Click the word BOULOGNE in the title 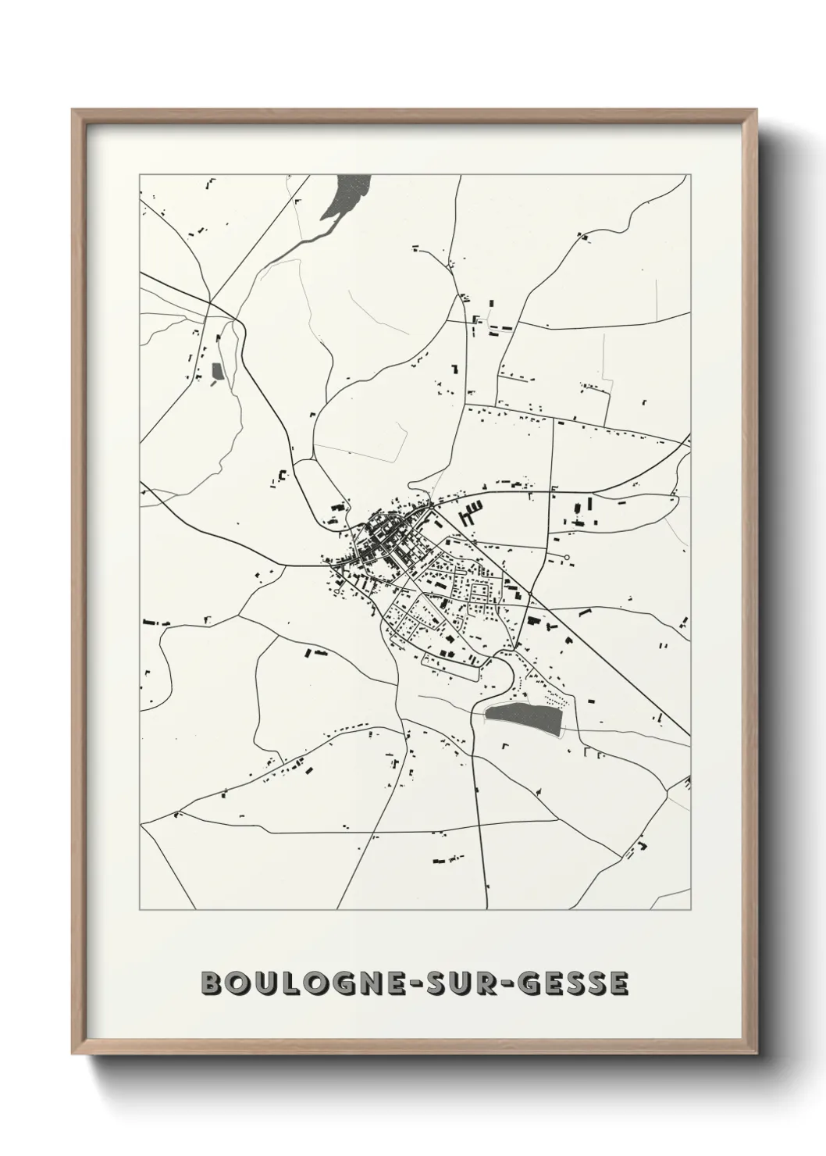[300, 983]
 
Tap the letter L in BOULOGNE [285, 983]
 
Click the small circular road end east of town [566, 558]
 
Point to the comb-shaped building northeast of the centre [471, 512]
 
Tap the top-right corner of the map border [691, 175]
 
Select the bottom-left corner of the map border [140, 910]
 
